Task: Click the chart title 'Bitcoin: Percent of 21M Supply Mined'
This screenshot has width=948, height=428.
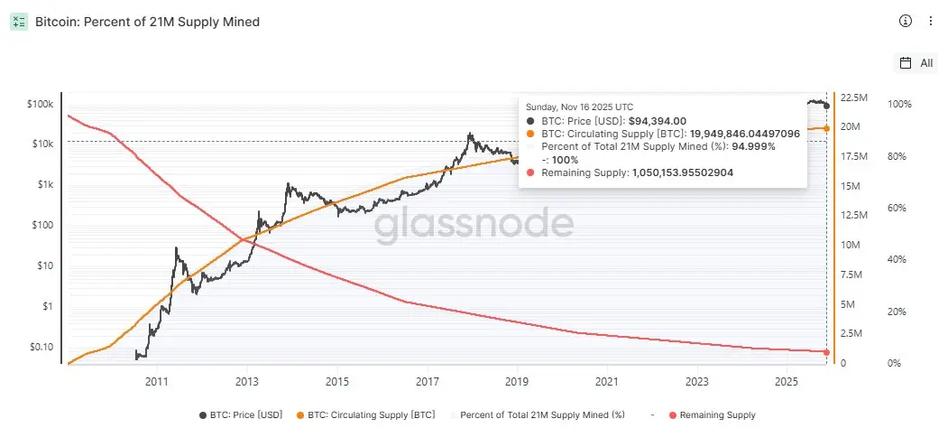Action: point(147,21)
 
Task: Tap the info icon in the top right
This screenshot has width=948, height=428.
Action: point(906,21)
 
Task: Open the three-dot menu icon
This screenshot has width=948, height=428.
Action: point(931,21)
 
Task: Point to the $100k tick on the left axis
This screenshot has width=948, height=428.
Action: point(41,105)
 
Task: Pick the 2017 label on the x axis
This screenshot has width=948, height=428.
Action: point(427,382)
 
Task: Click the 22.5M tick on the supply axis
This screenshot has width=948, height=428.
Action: point(853,98)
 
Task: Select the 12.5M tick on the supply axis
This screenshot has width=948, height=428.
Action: point(853,215)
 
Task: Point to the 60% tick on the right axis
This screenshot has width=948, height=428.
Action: point(899,209)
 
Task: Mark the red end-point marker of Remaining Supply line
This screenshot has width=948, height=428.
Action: point(826,352)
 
